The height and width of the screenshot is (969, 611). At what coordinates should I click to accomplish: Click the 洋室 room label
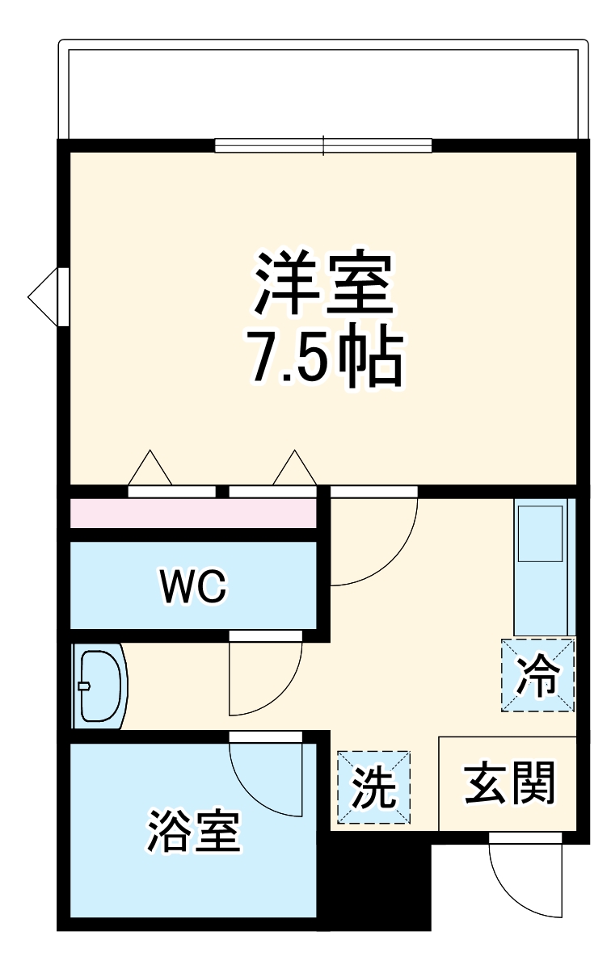click(x=323, y=283)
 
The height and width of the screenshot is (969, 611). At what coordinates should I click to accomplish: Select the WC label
click(x=194, y=586)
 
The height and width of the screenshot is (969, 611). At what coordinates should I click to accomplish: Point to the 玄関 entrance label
click(x=510, y=783)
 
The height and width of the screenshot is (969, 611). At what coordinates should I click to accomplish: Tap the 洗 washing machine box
click(x=374, y=787)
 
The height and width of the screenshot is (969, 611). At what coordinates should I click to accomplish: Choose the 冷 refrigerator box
click(x=537, y=675)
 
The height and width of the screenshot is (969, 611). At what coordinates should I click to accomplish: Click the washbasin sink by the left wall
click(x=99, y=686)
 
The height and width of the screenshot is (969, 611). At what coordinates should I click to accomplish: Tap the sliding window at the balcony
click(x=323, y=145)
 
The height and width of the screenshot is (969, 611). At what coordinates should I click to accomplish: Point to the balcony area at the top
click(x=323, y=89)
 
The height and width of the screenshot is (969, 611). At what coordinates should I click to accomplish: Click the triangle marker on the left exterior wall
click(x=44, y=296)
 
